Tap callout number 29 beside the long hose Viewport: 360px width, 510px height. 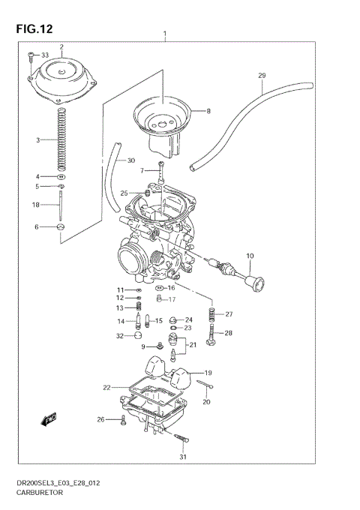tap(262, 75)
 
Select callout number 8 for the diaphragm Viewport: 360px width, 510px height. tap(208, 111)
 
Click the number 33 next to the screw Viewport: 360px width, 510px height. tap(44, 55)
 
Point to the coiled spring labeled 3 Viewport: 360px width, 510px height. tap(61, 139)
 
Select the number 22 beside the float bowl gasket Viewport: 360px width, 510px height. tap(107, 387)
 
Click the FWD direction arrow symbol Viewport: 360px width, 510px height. tap(50, 418)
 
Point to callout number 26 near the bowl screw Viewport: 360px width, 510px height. tap(101, 419)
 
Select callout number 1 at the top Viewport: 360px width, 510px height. tap(165, 34)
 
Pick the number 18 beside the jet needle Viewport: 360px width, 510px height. tap(35, 205)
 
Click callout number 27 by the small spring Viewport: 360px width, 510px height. tap(229, 313)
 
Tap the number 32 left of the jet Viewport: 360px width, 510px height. tap(119, 336)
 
